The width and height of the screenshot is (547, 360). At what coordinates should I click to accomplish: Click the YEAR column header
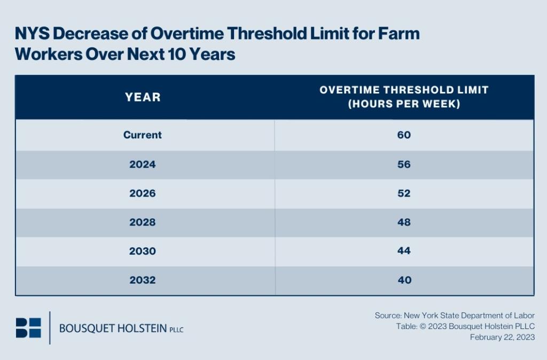(x=143, y=97)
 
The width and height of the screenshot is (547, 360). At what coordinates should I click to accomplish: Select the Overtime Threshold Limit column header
(x=404, y=97)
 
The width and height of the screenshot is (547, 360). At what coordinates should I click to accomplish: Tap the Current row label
(x=143, y=135)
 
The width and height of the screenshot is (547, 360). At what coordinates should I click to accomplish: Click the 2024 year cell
(x=143, y=165)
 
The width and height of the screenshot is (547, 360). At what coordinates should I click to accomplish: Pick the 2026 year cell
(x=143, y=193)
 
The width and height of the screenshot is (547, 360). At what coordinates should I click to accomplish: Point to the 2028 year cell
(x=143, y=222)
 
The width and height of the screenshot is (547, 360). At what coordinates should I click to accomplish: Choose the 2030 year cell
(x=143, y=251)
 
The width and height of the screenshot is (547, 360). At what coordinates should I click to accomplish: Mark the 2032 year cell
(x=143, y=280)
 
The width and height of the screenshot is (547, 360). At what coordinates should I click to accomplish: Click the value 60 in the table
(x=404, y=135)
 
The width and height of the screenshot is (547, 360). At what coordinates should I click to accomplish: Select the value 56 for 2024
(x=404, y=165)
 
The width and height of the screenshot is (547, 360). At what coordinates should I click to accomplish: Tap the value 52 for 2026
(x=404, y=193)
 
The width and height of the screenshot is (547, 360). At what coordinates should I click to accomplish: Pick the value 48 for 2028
(x=404, y=222)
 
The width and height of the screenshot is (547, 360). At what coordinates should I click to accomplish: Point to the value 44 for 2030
(x=404, y=251)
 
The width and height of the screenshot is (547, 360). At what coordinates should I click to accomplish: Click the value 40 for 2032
(x=404, y=280)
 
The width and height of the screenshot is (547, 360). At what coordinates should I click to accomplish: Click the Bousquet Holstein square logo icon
(x=28, y=327)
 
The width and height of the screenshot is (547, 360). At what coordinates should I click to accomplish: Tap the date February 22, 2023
(x=502, y=337)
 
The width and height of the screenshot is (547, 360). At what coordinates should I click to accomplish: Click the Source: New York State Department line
(x=455, y=316)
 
